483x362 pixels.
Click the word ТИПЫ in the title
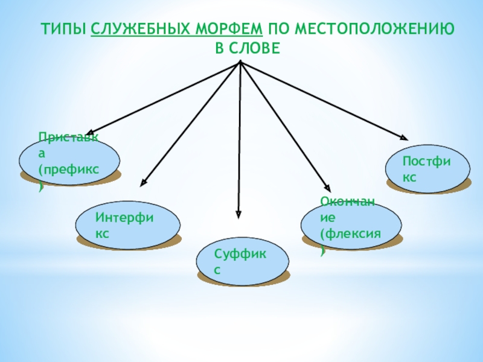64,29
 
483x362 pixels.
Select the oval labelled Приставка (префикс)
69,161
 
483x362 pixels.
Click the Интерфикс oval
127,225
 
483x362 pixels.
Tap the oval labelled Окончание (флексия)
351,225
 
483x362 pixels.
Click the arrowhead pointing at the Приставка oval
89,133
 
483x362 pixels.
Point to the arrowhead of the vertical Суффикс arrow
238,214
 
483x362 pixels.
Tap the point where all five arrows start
240,62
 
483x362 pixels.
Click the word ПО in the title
275,29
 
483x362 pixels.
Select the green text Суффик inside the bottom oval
240,258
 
